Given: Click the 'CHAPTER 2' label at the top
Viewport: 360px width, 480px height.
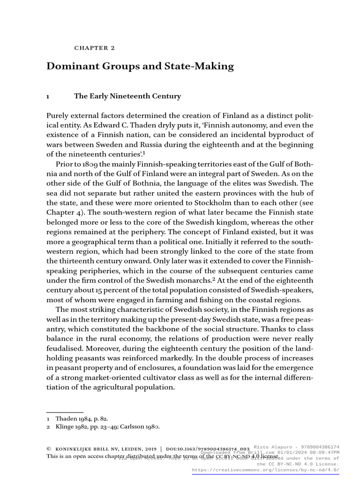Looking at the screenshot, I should pyautogui.click(x=95, y=48).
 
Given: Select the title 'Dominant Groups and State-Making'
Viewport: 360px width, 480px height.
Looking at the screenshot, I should pyautogui.click(x=140, y=66).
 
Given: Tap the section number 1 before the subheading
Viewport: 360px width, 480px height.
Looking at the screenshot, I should pyautogui.click(x=48, y=96).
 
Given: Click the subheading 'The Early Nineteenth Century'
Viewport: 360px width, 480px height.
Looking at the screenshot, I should pyautogui.click(x=127, y=96).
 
